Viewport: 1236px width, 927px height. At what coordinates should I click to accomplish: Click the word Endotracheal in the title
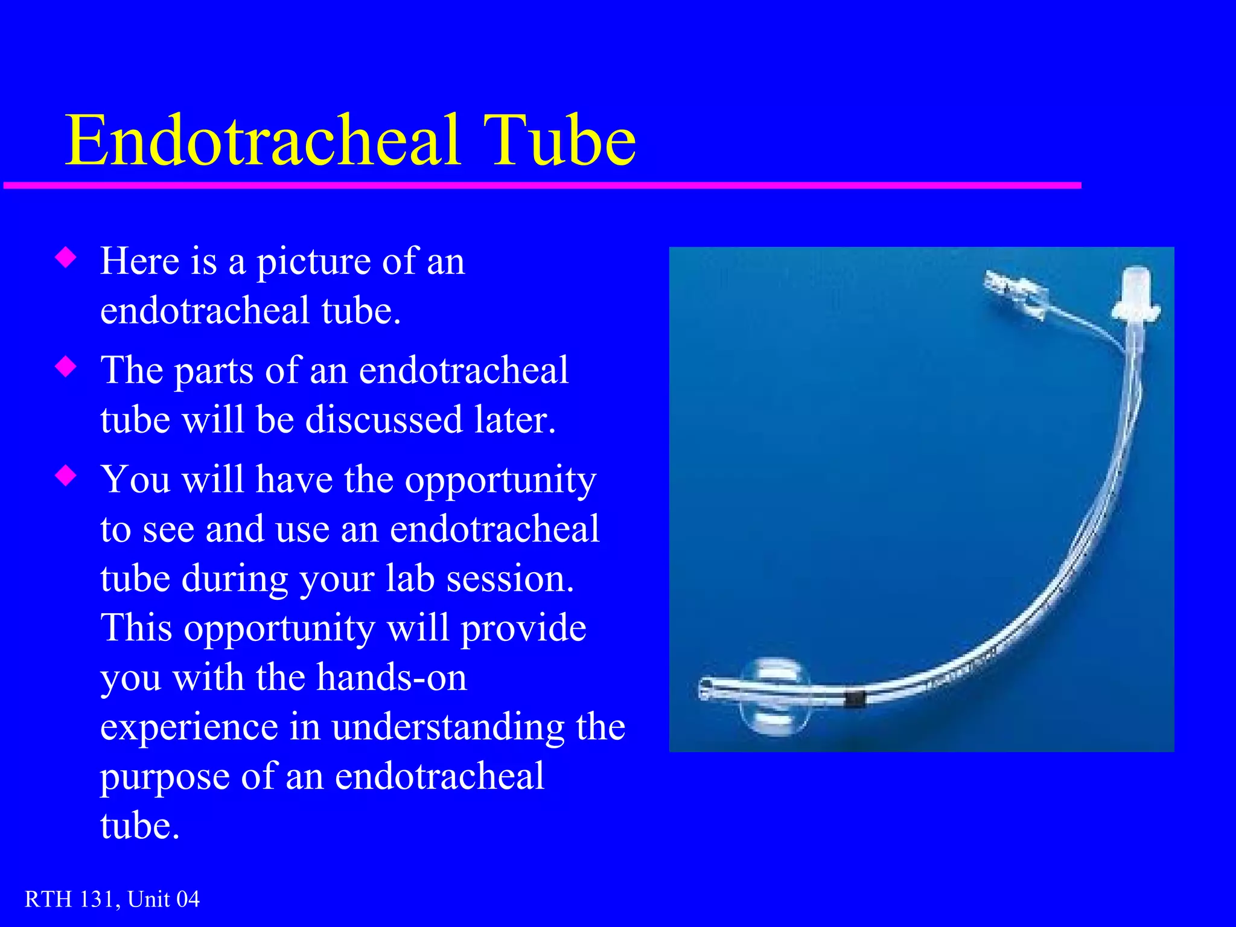point(263,140)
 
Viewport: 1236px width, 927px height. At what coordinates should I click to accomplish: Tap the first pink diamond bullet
point(66,258)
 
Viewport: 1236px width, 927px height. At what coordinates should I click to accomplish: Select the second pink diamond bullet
point(66,367)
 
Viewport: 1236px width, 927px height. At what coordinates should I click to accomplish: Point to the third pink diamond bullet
point(66,476)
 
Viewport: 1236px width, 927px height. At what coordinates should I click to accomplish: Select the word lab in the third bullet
point(410,579)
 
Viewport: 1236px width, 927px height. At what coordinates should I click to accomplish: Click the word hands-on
point(392,678)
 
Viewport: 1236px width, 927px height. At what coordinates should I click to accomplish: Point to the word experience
point(188,728)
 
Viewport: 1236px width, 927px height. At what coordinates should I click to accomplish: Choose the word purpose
point(165,777)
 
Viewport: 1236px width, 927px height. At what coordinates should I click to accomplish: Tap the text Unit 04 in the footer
point(164,899)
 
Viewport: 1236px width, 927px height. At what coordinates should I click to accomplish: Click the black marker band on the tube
point(855,699)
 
